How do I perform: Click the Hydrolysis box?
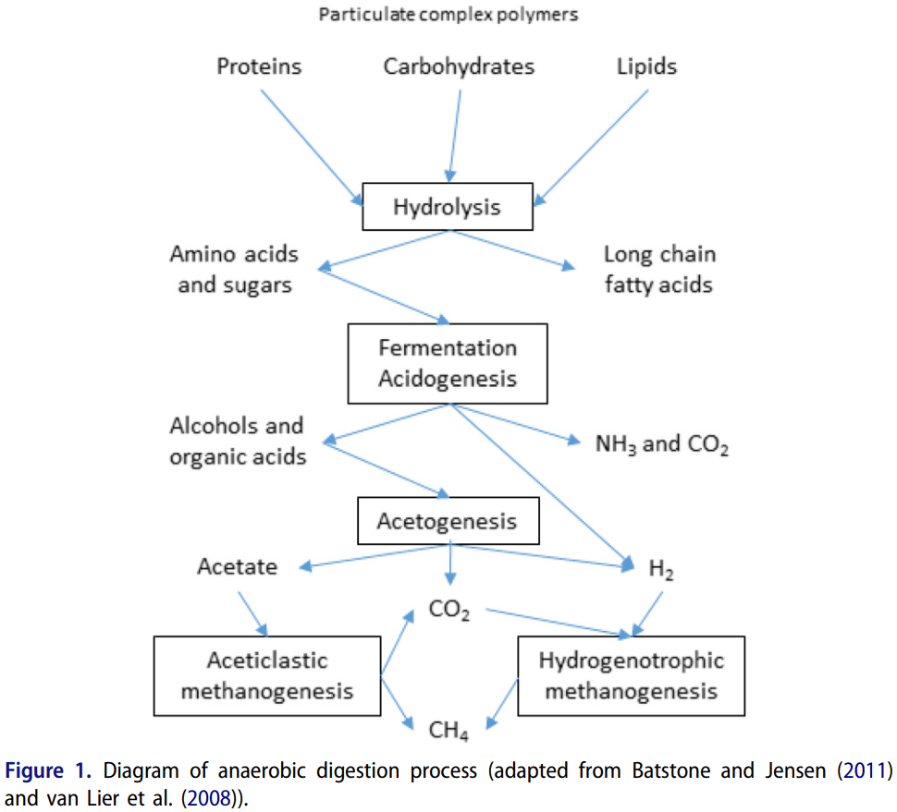coord(448,207)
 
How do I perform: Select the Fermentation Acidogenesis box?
coord(448,363)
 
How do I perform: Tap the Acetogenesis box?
coord(448,522)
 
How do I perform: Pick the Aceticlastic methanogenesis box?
coord(267,675)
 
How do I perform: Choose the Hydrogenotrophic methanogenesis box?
coord(631,675)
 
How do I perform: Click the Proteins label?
coord(259,67)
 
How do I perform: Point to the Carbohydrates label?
coord(459,67)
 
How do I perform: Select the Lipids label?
coord(646,67)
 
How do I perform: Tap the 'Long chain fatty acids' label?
coord(658,269)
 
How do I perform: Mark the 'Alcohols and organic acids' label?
coord(237,441)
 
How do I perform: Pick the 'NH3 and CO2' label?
coord(662,444)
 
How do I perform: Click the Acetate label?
coord(237,566)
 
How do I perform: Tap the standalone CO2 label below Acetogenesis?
coord(449,610)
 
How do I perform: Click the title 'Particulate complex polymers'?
coord(448,16)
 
